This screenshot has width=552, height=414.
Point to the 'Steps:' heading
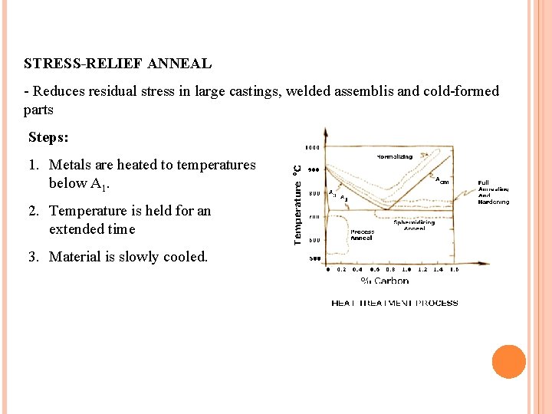coord(48,138)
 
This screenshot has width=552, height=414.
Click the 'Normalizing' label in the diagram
coord(394,157)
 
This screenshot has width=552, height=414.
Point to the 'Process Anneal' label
coord(362,235)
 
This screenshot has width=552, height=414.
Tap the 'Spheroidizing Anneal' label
coord(414,225)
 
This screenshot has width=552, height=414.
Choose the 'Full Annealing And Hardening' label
coord(493,192)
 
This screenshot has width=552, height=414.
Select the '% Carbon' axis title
coord(385,281)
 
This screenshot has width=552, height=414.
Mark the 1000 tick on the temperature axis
coord(314,147)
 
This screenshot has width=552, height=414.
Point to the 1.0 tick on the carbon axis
coord(406,270)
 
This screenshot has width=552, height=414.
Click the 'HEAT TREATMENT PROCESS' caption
coord(394,304)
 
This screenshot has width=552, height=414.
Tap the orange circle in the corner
coord(508,362)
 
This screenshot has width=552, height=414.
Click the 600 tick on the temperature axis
coord(314,241)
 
